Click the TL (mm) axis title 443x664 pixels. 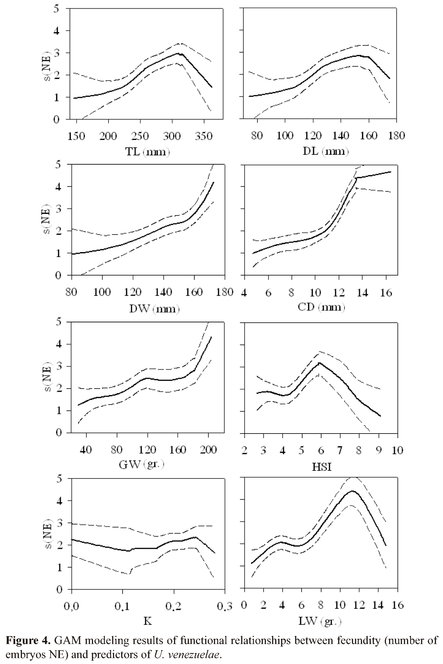(147, 152)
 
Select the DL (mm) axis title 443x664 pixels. (326, 151)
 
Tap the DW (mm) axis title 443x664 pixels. (154, 309)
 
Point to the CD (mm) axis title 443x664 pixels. (321, 307)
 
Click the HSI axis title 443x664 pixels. (322, 467)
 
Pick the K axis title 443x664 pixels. (148, 621)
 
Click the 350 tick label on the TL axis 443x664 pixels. (204, 136)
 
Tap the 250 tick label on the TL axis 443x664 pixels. (140, 136)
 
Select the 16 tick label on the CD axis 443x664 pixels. (386, 292)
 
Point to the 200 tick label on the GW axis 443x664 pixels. (208, 449)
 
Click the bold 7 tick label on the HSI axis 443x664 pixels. (340, 450)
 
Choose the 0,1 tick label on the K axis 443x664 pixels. (123, 606)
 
